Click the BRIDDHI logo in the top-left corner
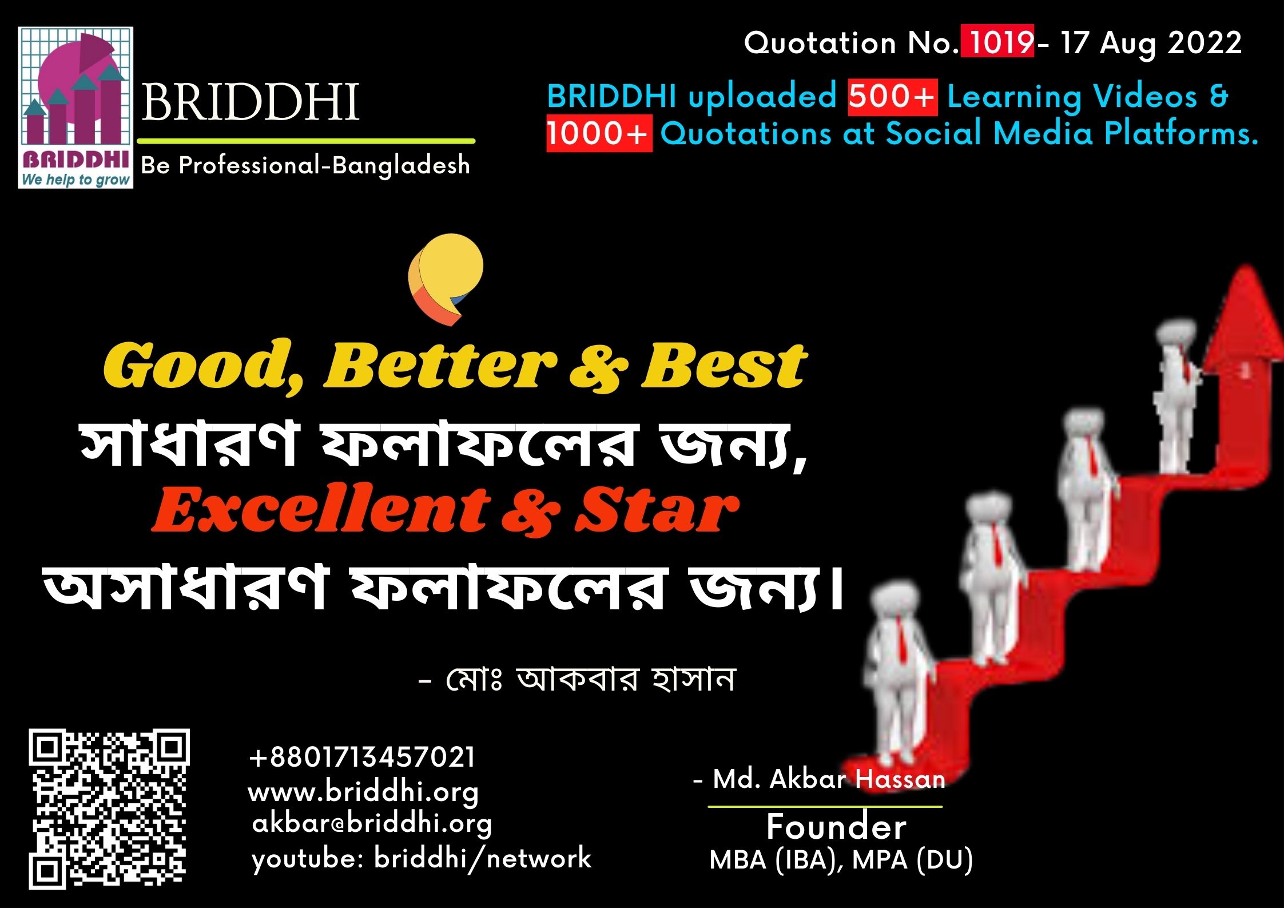pyautogui.click(x=75, y=108)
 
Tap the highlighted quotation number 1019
pyautogui.click(x=996, y=43)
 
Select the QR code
pyautogui.click(x=108, y=810)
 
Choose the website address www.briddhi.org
pyautogui.click(x=363, y=792)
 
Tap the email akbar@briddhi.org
pyautogui.click(x=372, y=824)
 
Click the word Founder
pyautogui.click(x=836, y=827)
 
